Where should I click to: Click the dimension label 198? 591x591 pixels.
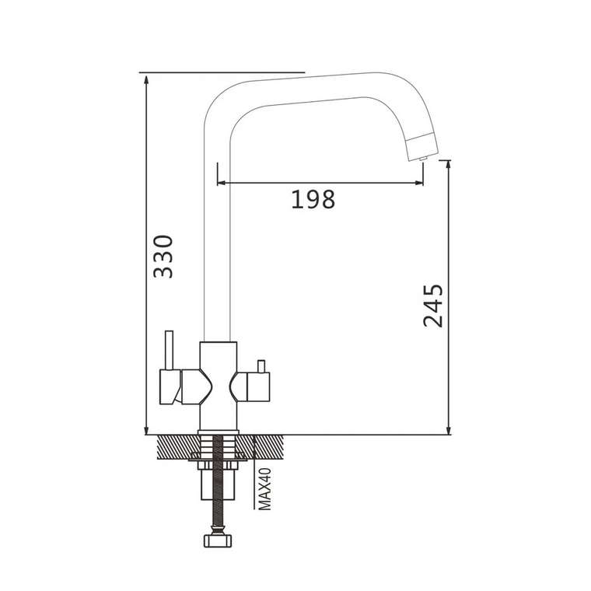click(313, 199)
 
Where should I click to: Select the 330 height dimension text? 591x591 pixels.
click(163, 257)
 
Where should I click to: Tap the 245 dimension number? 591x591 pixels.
click(433, 306)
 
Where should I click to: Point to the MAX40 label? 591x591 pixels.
click(265, 489)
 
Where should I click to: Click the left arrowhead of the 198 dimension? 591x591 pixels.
click(222, 183)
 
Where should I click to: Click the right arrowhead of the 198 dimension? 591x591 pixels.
click(419, 183)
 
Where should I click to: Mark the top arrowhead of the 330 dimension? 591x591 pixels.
click(146, 79)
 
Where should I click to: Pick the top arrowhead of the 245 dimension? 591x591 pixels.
click(448, 164)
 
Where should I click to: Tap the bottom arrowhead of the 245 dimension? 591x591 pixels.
click(448, 430)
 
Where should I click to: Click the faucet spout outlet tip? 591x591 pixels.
click(422, 159)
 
